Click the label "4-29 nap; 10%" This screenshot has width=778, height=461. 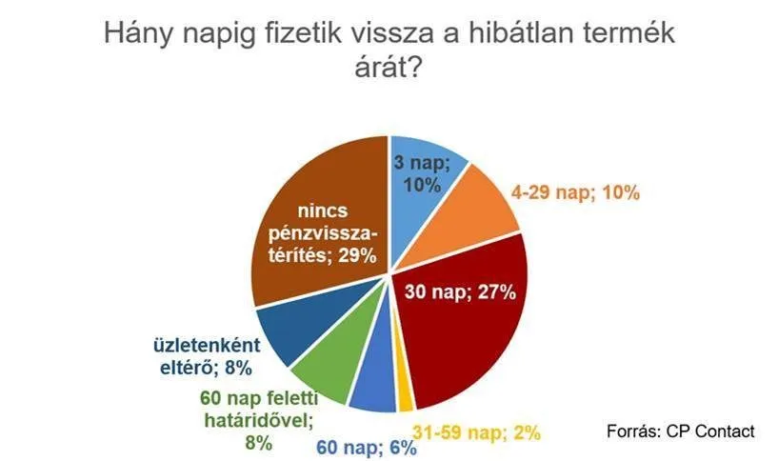(575, 192)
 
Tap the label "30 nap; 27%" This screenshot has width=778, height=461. (460, 291)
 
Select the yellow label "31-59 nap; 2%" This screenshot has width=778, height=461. (477, 432)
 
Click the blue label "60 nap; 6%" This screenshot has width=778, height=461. (367, 448)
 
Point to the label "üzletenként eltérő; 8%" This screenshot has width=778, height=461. (207, 356)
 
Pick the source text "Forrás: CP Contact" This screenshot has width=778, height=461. (681, 431)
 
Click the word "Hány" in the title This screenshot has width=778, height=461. (138, 34)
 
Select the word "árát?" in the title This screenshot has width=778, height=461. (389, 67)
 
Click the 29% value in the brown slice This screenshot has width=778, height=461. (357, 255)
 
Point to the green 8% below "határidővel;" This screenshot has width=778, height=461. (258, 442)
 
